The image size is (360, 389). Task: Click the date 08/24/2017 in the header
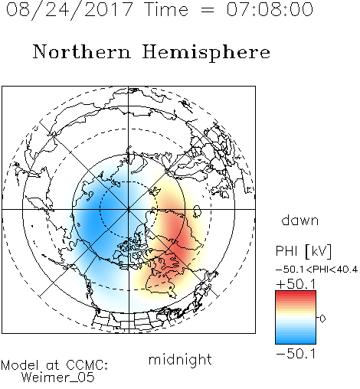click(x=70, y=10)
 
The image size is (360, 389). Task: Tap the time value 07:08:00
click(x=270, y=9)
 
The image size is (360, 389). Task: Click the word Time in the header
click(x=166, y=9)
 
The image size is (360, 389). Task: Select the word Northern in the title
click(x=82, y=51)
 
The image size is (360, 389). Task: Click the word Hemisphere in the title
click(x=206, y=53)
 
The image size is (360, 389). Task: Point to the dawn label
click(x=300, y=220)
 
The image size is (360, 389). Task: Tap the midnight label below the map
click(x=180, y=359)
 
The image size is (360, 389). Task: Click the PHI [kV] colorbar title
click(x=304, y=251)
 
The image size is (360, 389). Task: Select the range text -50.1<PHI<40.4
click(x=316, y=270)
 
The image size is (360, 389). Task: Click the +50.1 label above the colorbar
click(x=296, y=284)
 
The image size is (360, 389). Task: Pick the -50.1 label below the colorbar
click(x=296, y=354)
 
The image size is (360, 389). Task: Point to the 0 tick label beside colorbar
click(x=322, y=319)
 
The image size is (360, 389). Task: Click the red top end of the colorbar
click(x=296, y=293)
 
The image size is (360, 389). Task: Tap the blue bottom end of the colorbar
click(x=296, y=342)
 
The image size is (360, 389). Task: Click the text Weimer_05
click(x=58, y=378)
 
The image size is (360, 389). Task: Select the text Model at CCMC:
click(x=54, y=365)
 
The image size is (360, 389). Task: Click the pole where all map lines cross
click(x=129, y=209)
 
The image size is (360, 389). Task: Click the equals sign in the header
click(x=207, y=10)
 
